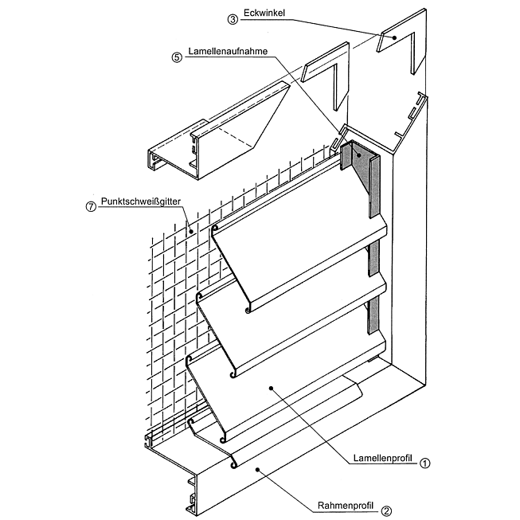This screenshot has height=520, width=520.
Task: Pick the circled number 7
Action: [x=90, y=205]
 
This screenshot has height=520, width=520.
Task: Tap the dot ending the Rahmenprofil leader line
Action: [x=256, y=471]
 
